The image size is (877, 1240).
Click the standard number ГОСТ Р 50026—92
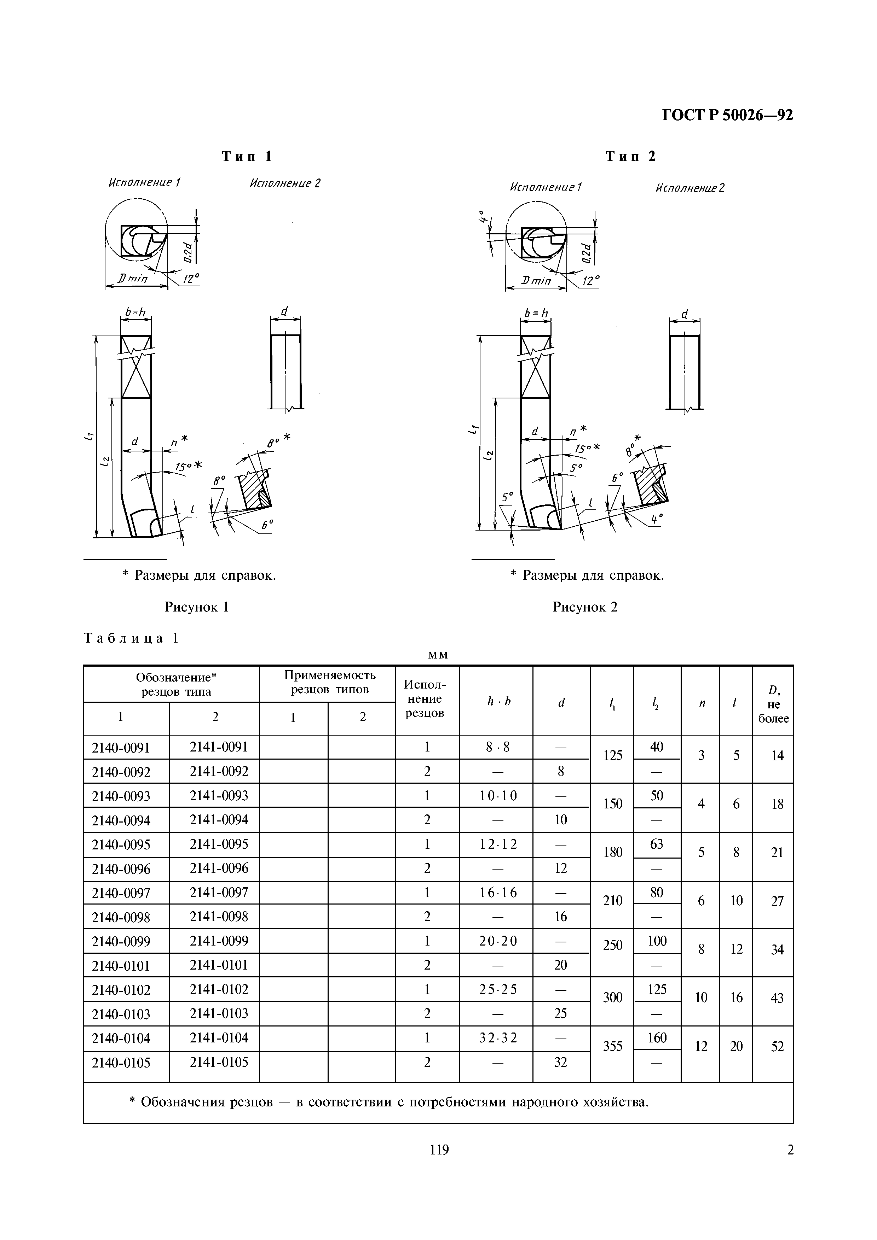coord(727,116)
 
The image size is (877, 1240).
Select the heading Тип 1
coord(247,157)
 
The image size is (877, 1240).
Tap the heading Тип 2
coord(630,157)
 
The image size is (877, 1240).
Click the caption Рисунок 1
coord(197,607)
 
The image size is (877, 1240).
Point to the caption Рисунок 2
coord(585,607)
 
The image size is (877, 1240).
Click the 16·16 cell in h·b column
coord(498,893)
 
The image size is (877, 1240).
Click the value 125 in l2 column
coord(657,989)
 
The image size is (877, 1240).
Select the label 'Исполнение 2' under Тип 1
coord(285,183)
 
